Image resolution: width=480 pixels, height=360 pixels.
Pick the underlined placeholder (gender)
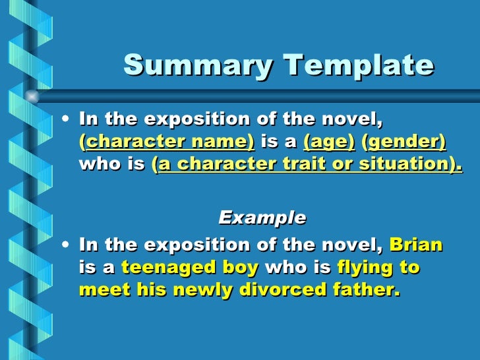[404, 142]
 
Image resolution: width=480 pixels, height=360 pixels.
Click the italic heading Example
[262, 217]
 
